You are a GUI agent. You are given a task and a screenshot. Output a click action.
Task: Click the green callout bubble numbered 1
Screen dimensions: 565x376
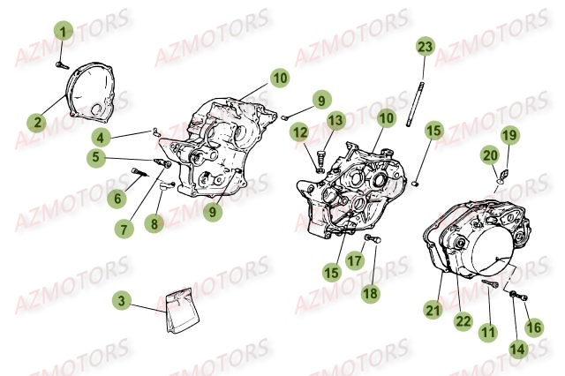tap(64, 32)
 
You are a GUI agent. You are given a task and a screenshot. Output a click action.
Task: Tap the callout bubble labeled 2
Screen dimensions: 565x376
tap(38, 123)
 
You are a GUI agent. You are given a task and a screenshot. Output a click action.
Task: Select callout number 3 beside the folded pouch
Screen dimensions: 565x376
tap(122, 300)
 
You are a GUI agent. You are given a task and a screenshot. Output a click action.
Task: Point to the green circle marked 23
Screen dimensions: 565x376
tap(426, 47)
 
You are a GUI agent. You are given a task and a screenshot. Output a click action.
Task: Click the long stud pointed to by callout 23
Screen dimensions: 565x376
tap(416, 104)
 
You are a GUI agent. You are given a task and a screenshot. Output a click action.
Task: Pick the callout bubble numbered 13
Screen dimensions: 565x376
tap(335, 120)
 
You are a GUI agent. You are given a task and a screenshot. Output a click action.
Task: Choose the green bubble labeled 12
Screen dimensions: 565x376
tap(300, 132)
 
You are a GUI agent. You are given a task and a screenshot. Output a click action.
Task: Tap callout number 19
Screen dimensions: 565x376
tap(509, 135)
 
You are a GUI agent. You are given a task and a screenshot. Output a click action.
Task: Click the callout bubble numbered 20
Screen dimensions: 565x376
tap(490, 155)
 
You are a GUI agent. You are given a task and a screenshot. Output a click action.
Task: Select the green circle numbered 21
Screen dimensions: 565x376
tap(433, 310)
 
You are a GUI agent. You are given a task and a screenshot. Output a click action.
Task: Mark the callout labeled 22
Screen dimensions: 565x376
tap(463, 321)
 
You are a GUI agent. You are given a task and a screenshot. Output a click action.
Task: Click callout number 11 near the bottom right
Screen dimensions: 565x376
tap(488, 332)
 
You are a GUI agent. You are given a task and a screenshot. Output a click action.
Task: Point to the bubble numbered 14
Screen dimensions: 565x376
tap(518, 349)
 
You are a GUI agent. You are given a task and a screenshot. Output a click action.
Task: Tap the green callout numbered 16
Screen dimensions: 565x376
tap(534, 327)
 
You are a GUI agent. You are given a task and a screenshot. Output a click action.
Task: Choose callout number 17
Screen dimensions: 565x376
tap(355, 259)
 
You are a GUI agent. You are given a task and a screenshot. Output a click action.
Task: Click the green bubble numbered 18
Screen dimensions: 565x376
tap(371, 293)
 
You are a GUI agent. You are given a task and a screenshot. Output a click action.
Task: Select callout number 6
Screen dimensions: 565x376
tap(117, 198)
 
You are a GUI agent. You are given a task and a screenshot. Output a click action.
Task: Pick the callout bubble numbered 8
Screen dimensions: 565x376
tap(154, 224)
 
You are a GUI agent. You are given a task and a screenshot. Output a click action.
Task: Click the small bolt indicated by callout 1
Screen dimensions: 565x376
tap(63, 66)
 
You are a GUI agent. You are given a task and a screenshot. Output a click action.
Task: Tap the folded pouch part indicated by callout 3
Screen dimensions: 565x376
tap(182, 312)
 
